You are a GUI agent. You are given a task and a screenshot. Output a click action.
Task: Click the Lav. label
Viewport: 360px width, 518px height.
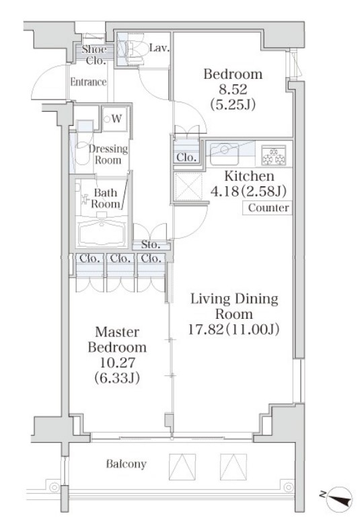tap(159, 48)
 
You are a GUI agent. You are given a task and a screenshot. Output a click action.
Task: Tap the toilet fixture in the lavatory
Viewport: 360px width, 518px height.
tap(134, 49)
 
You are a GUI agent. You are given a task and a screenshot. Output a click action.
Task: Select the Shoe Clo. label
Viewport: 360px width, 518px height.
tap(95, 55)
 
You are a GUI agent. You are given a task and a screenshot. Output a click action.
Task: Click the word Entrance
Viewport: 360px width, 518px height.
tap(88, 82)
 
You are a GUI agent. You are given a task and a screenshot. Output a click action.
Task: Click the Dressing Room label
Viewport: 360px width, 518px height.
tap(108, 154)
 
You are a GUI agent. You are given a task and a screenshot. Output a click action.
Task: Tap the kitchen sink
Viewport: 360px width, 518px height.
tap(225, 154)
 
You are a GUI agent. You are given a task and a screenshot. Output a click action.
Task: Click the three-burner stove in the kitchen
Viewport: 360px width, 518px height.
tap(273, 155)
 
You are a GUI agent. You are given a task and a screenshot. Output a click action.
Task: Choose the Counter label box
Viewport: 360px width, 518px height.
tap(267, 208)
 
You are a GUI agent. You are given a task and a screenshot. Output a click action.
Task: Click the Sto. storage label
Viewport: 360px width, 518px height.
tap(151, 245)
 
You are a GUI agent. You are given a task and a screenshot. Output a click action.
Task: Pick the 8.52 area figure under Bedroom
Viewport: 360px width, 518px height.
tap(233, 89)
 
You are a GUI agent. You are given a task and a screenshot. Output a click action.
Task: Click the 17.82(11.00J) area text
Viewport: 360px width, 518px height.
tap(233, 330)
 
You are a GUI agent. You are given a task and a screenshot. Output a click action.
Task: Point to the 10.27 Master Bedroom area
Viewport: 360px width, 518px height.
tap(117, 363)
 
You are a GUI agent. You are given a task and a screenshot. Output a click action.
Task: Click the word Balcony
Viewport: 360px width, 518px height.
tap(126, 464)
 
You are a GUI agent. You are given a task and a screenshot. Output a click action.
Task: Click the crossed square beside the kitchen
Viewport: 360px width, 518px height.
tap(188, 186)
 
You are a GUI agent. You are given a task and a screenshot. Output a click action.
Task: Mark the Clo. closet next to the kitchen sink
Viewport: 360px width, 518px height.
tap(186, 157)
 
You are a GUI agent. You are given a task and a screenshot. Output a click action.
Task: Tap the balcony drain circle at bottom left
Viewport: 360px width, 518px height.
tap(54, 488)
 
